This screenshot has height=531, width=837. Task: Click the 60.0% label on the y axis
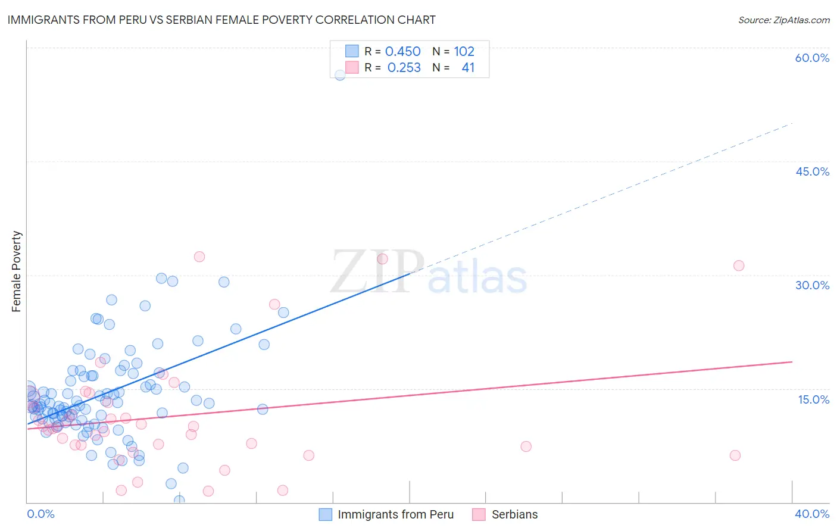pos(812,58)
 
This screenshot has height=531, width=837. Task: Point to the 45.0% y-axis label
pos(812,171)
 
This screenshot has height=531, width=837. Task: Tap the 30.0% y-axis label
pos(812,285)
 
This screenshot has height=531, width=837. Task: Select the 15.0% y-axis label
pos(813,399)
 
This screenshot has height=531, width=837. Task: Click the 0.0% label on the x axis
pos(40,514)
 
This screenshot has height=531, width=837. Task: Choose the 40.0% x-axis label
pos(812,514)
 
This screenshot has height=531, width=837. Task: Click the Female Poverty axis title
pos(17,271)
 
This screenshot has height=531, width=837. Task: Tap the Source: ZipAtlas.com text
pos(783,20)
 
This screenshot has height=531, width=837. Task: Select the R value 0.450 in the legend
pos(402,51)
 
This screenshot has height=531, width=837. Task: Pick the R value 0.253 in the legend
pos(404,68)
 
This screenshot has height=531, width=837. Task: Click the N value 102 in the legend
pos(464,51)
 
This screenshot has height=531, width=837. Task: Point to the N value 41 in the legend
pos(468,68)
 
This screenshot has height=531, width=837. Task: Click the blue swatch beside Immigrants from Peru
pos(325,514)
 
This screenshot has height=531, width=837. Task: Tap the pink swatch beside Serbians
pos(479,514)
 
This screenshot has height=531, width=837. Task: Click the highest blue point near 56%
pos(340,75)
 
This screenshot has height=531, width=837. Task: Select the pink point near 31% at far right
pos(739,265)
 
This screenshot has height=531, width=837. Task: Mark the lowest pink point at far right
pos(735,455)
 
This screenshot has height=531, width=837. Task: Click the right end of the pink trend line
pos(792,361)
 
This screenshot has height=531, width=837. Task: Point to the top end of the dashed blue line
pos(792,123)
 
